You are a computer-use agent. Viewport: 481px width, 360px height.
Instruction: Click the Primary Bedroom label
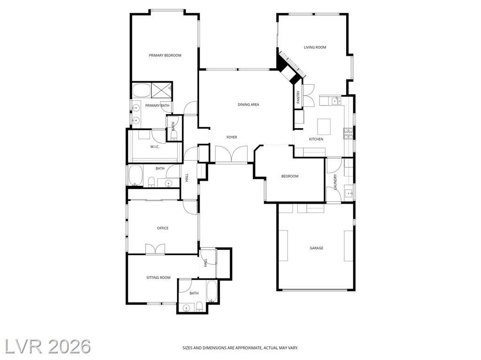(165, 55)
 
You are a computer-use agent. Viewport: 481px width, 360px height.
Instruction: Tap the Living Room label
(315, 47)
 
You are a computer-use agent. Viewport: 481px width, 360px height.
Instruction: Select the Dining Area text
(248, 105)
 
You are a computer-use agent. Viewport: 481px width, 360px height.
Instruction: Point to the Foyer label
(232, 138)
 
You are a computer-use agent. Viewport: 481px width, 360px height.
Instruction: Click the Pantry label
(298, 97)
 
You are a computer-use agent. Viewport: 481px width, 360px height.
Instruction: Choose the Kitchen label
(316, 139)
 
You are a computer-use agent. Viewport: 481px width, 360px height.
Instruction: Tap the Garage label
(316, 248)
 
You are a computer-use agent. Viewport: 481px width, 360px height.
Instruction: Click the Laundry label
(335, 182)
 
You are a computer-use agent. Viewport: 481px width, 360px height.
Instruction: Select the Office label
(163, 228)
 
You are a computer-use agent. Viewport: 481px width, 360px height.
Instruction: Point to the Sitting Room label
(158, 277)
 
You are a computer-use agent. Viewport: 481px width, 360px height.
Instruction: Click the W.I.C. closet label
(155, 147)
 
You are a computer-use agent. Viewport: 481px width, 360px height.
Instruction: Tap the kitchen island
(324, 127)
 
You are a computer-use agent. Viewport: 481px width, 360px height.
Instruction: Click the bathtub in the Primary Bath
(141, 90)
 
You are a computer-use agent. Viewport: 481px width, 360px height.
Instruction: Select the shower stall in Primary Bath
(162, 90)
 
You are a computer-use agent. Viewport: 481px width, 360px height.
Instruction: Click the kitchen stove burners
(348, 134)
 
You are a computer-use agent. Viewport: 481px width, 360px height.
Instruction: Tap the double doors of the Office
(155, 249)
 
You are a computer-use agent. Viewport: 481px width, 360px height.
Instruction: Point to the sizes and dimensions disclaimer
(240, 348)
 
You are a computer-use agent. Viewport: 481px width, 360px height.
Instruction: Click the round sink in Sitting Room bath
(186, 308)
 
